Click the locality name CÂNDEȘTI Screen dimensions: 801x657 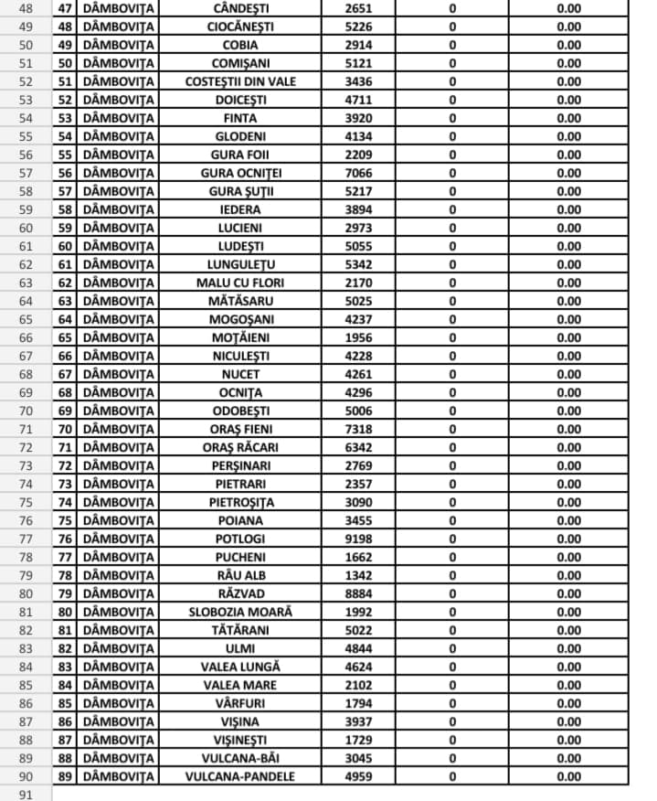[240, 8]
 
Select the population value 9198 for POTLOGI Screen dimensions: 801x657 [358, 539]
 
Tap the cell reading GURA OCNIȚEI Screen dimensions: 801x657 [240, 173]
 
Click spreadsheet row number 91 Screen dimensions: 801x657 [26, 795]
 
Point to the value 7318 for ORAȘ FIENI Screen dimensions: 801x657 [358, 429]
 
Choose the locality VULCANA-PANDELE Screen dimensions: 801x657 [240, 776]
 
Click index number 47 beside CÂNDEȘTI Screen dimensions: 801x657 [65, 8]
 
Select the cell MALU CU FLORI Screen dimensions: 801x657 [240, 283]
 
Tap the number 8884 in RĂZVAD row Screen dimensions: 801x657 [358, 593]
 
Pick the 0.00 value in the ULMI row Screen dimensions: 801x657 [568, 648]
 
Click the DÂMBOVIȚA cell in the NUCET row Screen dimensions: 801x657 [119, 374]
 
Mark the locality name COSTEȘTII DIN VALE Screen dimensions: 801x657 [240, 81]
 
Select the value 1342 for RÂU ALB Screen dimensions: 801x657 [358, 575]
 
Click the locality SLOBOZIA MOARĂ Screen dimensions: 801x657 [240, 612]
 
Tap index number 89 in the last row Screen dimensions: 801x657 [65, 776]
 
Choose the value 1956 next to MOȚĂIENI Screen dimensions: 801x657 [358, 337]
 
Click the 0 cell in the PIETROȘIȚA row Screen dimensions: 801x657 [451, 502]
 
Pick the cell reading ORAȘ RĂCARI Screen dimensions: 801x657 [240, 447]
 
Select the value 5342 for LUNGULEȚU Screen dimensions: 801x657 [358, 264]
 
